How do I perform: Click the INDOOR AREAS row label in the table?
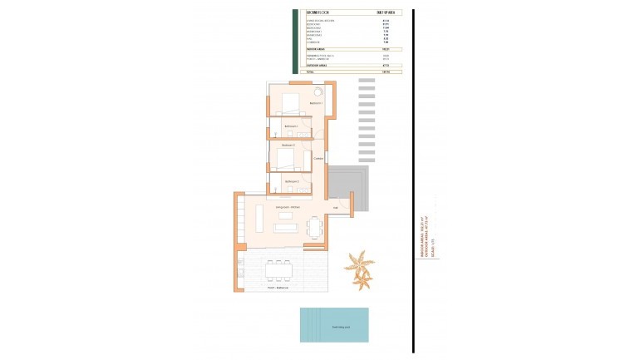pyautogui.click(x=314, y=50)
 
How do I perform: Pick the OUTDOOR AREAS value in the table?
pyautogui.click(x=386, y=66)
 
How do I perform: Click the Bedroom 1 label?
pyautogui.click(x=315, y=103)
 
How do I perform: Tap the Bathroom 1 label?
pyautogui.click(x=291, y=126)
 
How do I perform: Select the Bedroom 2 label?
pyautogui.click(x=288, y=145)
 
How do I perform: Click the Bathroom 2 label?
pyautogui.click(x=291, y=181)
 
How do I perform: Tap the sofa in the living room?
pyautogui.click(x=286, y=227)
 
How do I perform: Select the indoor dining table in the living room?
pyautogui.click(x=314, y=226)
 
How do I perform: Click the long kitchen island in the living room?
pyautogui.click(x=259, y=219)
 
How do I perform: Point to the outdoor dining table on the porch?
pyautogui.click(x=278, y=269)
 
